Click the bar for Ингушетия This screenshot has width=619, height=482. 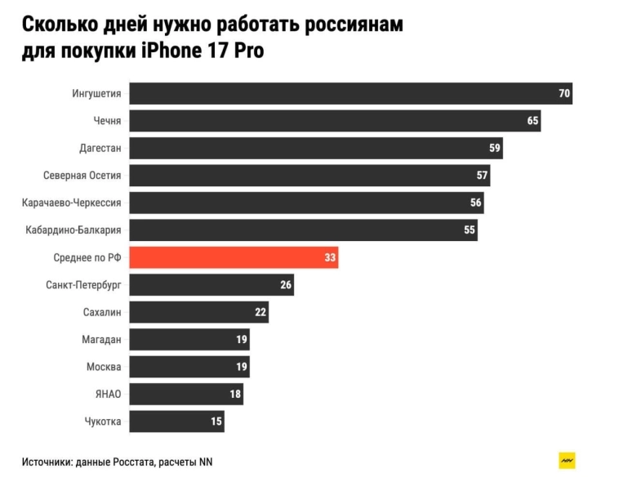pos(350,93)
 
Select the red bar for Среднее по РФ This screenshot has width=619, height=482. pos(234,257)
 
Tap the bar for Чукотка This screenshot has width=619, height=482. pos(176,422)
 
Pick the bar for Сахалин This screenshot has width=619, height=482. pos(198,312)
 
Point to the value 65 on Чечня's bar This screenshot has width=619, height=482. pos(533,121)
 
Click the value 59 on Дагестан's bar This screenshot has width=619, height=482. pos(495,148)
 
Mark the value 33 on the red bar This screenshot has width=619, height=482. pos(330,257)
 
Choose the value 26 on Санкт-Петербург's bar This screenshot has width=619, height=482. pos(286,285)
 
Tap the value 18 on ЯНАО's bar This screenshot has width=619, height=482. pos(235,395)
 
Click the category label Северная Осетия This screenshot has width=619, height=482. pos(82,175)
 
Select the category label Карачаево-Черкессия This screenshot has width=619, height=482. pos(72,203)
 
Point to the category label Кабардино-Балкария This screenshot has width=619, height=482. pos(73,230)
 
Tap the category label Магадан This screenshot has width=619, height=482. pos(102,339)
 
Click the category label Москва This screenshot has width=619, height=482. pos(104,367)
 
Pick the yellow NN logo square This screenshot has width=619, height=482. pos(567,461)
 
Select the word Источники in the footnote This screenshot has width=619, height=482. pos(46,462)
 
